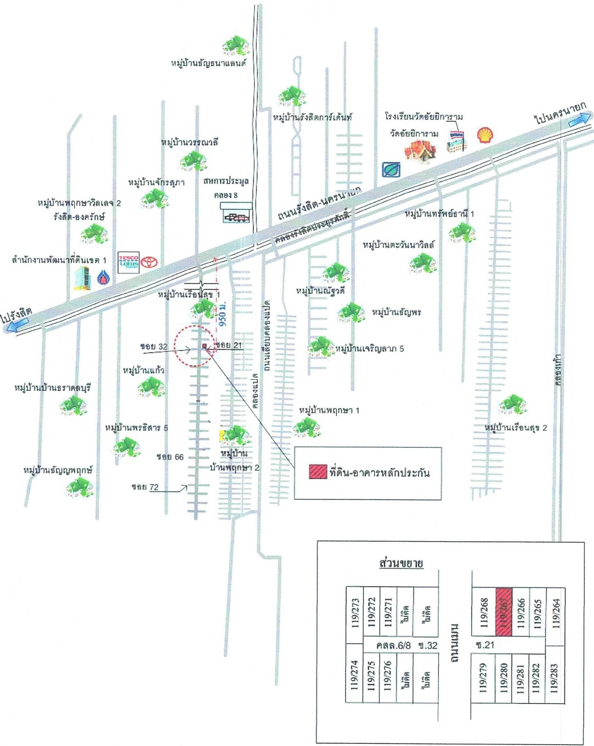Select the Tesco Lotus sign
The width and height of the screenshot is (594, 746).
(x=129, y=262)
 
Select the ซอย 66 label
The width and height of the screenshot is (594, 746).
(x=170, y=457)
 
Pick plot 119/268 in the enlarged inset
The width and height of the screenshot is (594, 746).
(x=484, y=612)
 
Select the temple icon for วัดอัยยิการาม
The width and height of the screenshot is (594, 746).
(x=420, y=152)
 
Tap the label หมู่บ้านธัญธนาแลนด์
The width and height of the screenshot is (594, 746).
(x=209, y=63)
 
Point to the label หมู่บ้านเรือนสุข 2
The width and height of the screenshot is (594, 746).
(x=516, y=428)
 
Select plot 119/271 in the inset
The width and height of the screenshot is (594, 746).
(x=388, y=612)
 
